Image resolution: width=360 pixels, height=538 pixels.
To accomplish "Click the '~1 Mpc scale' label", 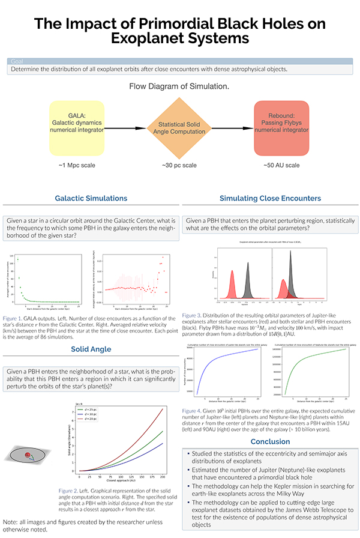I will pyautogui.click(x=79, y=165).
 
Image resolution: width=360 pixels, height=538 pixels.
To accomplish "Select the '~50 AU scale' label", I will pyautogui.click(x=280, y=165).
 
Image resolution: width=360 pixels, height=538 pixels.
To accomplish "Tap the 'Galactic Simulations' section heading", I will pyautogui.click(x=91, y=198).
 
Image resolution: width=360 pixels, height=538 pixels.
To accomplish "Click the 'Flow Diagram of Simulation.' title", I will pyautogui.click(x=179, y=86).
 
